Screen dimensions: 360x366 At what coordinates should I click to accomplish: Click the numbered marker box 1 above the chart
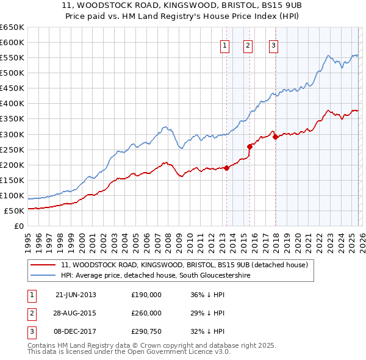tap(225, 45)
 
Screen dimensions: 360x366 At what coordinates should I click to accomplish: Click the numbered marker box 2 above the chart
tap(248, 45)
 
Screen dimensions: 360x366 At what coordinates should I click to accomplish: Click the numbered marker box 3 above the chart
tap(273, 45)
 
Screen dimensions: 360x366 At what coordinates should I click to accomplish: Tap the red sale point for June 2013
tap(226, 168)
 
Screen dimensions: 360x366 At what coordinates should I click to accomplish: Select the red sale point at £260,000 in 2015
tap(249, 146)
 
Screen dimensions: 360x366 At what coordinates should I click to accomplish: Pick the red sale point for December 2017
tap(274, 137)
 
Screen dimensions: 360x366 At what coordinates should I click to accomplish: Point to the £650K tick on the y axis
tap(12, 27)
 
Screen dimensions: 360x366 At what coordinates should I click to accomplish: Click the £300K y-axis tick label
tap(12, 134)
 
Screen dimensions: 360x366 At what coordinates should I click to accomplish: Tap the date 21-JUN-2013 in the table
tap(76, 295)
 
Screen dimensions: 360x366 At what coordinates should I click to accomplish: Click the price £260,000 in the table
tap(146, 313)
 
